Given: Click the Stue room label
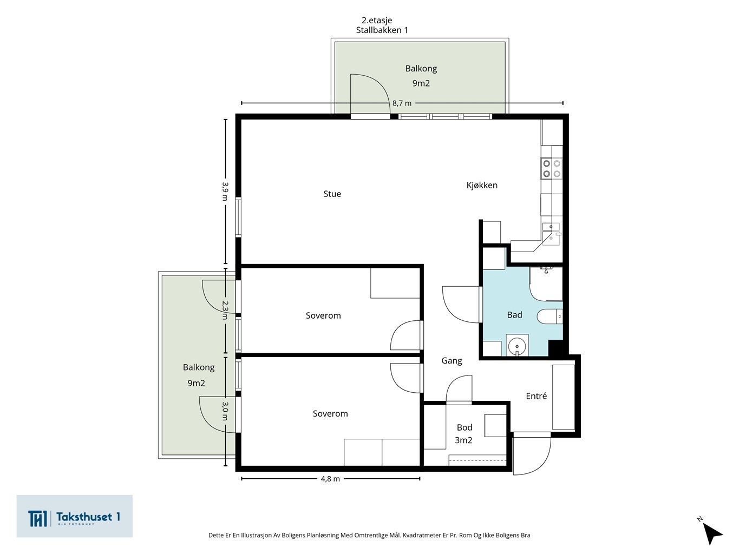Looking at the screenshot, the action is (332, 194).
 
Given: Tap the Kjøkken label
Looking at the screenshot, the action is (482, 185).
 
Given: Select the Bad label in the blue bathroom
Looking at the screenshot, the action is (514, 315).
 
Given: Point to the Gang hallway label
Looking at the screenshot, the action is (452, 361).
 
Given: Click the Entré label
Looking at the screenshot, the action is (537, 396).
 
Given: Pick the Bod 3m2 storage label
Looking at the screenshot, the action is (464, 433).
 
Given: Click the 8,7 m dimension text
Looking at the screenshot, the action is (402, 103).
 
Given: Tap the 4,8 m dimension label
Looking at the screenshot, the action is (330, 479).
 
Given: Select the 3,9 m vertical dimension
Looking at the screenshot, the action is (225, 191).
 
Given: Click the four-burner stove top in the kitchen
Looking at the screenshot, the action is (552, 168).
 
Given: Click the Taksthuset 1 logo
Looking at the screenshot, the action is (74, 516).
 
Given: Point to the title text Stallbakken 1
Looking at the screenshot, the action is (382, 30).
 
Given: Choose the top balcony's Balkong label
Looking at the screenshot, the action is (421, 69).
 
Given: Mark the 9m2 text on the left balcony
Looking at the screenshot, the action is (196, 383).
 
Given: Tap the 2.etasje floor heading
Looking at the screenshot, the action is (377, 21).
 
